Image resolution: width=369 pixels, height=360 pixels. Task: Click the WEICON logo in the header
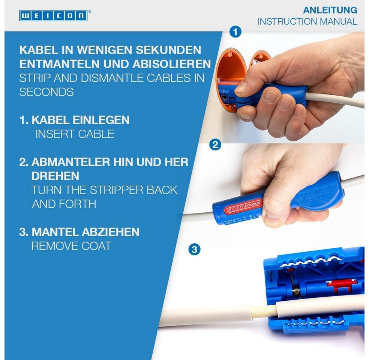tap(53, 16)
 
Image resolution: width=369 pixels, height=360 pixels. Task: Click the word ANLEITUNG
tap(330, 10)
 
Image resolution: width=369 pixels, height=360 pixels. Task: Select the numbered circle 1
tap(235, 31)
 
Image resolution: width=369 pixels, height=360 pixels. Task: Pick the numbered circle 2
tap(215, 145)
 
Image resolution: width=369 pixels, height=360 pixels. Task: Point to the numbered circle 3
tap(194, 249)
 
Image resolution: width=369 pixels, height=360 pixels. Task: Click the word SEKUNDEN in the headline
tap(168, 50)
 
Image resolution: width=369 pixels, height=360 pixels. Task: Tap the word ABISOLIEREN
tap(171, 64)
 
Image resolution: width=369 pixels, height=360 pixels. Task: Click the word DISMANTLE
tap(112, 78)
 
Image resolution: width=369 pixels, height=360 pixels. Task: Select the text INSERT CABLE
tap(75, 134)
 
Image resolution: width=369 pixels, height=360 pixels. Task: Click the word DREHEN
tap(55, 176)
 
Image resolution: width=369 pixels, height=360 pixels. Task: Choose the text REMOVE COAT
tap(71, 246)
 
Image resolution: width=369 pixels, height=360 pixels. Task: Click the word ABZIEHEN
tap(110, 232)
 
